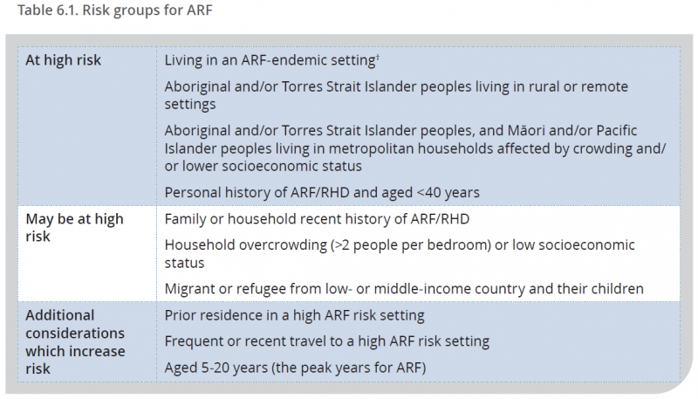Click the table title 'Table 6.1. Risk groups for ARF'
115,10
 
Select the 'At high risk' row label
63,60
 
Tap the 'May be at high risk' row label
74,228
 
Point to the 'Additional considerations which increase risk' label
75,342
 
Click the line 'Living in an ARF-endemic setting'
270,60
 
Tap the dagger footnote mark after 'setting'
378,57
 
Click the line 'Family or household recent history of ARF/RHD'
317,219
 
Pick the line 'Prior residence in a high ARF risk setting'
294,315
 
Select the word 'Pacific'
617,130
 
